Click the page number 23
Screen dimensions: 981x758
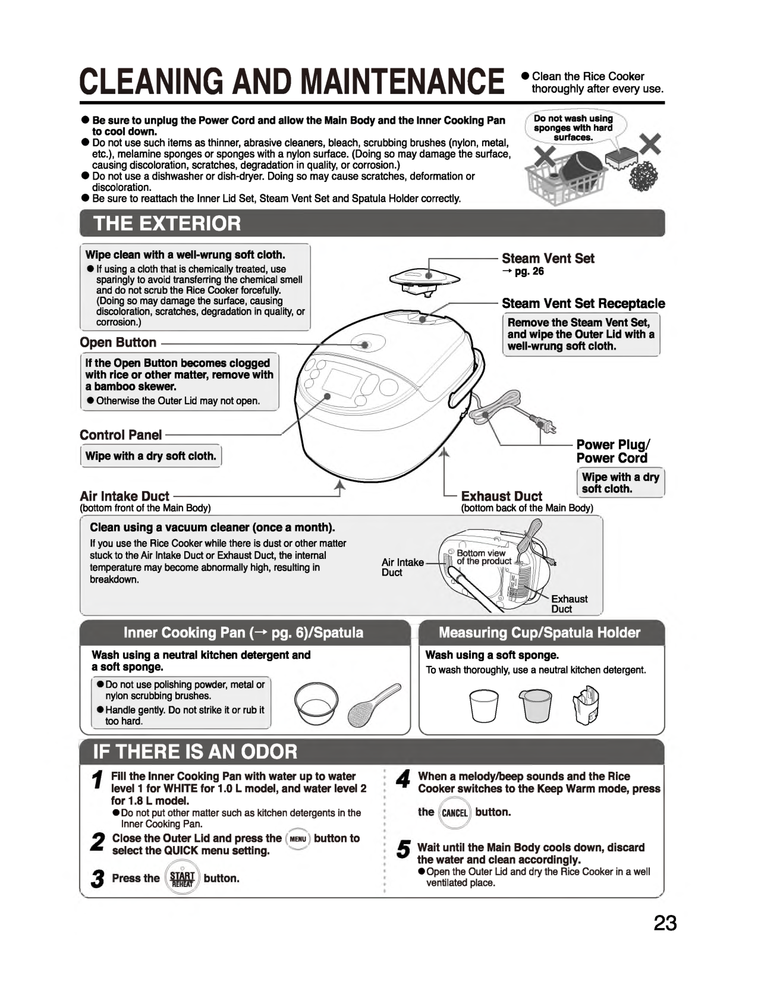(665, 923)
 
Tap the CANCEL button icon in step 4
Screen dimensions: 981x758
(455, 813)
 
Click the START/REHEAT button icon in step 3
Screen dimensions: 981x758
(182, 879)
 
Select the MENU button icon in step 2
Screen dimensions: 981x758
(298, 839)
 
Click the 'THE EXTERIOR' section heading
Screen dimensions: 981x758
(167, 224)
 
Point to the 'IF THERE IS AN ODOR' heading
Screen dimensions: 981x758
(195, 752)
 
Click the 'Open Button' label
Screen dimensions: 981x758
(118, 342)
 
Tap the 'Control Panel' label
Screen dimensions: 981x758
(121, 435)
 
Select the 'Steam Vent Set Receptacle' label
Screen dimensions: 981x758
(583, 303)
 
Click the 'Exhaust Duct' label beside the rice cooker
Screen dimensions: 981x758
(501, 496)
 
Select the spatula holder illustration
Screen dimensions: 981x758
(586, 704)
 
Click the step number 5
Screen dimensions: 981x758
(402, 851)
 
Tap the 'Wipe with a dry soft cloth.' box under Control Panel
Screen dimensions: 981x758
(150, 456)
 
